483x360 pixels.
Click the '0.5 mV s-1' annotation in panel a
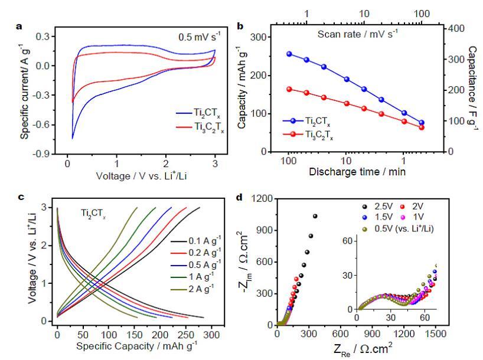(201, 36)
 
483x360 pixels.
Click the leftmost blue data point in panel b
(289, 54)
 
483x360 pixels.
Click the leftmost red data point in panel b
(289, 89)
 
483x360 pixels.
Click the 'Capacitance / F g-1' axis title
(473, 89)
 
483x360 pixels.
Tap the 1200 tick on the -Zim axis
(263, 199)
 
